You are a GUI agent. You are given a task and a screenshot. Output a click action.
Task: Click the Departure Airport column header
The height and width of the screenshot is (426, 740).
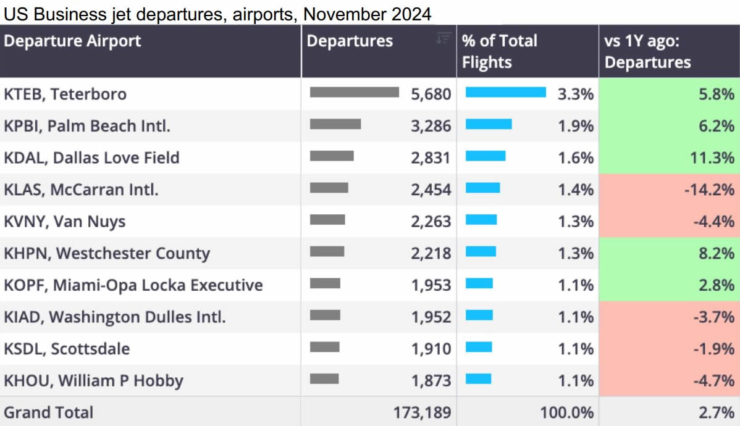(x=72, y=41)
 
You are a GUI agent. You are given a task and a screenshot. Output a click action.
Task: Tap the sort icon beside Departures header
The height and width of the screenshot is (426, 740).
(x=443, y=38)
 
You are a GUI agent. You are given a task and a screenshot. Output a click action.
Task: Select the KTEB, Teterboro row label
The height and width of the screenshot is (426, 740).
(x=65, y=94)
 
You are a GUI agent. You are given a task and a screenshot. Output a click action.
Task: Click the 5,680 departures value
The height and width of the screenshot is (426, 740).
(x=431, y=94)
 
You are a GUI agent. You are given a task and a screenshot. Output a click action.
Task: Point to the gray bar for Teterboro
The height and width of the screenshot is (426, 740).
(x=354, y=92)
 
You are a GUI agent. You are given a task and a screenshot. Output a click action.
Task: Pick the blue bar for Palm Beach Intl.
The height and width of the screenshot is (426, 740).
(x=489, y=124)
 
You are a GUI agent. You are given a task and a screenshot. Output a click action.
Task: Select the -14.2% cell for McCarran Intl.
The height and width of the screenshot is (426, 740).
(x=708, y=190)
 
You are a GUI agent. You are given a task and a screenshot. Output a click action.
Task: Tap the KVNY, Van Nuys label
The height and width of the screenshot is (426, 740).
(x=64, y=222)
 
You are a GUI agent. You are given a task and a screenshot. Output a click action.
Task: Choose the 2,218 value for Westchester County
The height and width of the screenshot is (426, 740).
(x=431, y=254)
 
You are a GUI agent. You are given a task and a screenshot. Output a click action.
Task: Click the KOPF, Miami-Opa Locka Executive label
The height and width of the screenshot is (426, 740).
(x=133, y=285)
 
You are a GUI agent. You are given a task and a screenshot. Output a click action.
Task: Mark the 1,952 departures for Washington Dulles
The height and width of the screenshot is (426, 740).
(x=431, y=317)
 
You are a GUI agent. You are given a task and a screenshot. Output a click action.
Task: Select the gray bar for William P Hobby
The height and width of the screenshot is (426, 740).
(x=324, y=378)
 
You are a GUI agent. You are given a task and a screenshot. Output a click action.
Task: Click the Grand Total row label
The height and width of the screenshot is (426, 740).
(x=49, y=412)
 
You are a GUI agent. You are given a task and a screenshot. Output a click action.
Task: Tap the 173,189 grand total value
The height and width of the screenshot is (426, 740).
(x=423, y=412)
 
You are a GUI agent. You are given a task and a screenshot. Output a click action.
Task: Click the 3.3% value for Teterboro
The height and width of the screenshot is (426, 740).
(x=575, y=94)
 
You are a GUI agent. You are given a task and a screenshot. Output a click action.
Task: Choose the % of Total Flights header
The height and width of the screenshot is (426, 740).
(x=499, y=51)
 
